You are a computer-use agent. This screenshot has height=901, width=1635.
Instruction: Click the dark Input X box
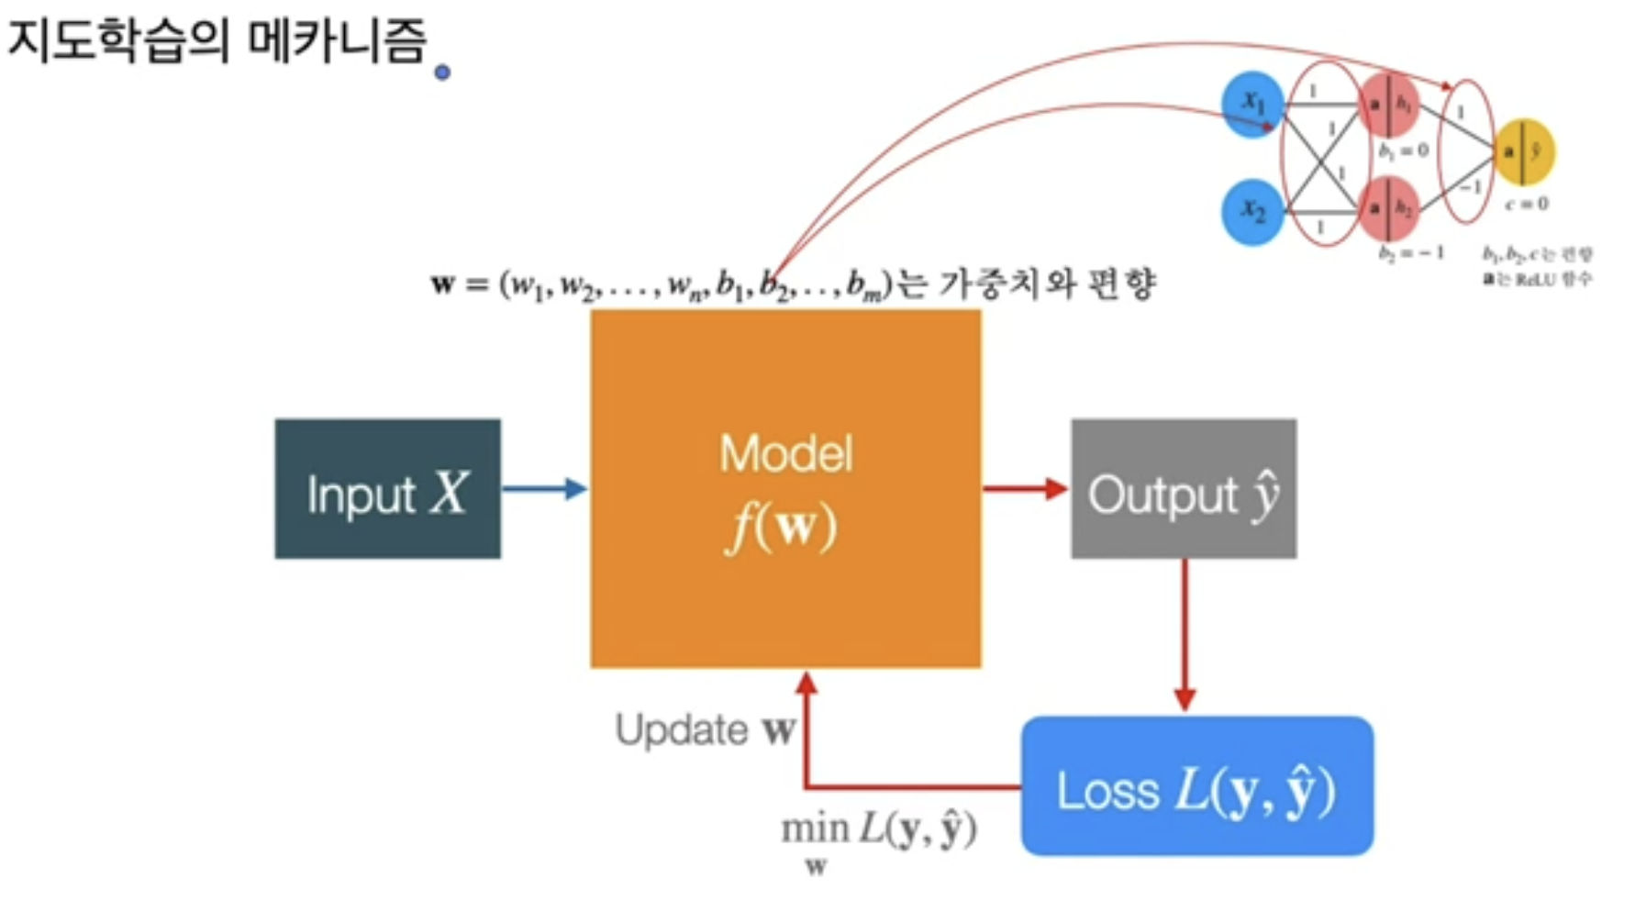[x=387, y=489]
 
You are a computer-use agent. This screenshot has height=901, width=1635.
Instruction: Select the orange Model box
[x=785, y=488]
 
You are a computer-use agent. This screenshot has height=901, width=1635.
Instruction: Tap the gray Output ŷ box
[x=1184, y=489]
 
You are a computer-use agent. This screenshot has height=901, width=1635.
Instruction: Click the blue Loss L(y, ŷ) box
[x=1196, y=786]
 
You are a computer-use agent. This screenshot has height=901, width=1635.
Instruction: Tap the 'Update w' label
[x=704, y=730]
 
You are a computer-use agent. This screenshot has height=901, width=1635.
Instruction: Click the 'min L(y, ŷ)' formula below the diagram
[x=877, y=831]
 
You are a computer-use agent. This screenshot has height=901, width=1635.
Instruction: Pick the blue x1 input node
[x=1252, y=104]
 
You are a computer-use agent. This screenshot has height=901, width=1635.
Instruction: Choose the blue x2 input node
[x=1252, y=212]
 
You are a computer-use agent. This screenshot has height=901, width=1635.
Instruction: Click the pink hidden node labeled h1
[x=1388, y=104]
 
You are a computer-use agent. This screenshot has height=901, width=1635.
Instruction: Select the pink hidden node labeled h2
[x=1388, y=209]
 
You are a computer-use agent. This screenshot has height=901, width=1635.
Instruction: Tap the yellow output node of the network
[x=1524, y=151]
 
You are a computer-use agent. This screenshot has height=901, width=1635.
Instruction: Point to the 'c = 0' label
[x=1527, y=204]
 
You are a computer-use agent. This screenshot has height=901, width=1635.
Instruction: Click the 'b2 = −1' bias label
[x=1411, y=252]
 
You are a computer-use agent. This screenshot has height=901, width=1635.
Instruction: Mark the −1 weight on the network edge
[x=1470, y=186]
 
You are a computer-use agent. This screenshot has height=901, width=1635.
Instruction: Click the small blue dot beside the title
[x=442, y=72]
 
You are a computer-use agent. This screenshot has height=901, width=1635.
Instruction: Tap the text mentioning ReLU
[x=1538, y=278]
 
